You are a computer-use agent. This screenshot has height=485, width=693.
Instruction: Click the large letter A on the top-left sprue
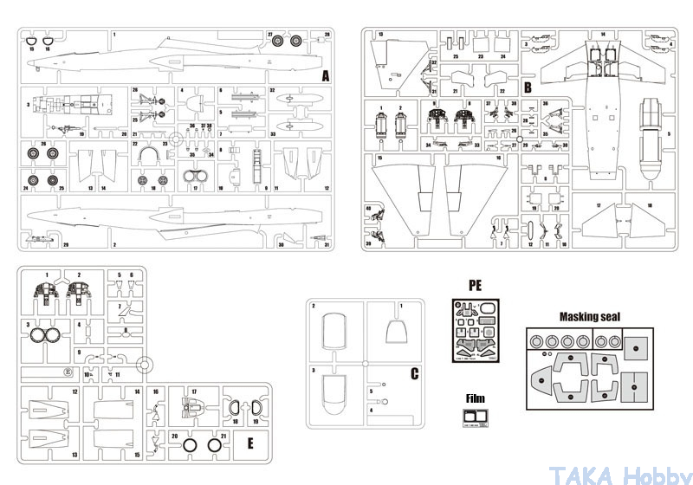click(x=325, y=76)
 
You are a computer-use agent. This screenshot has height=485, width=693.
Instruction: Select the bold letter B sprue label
click(x=527, y=87)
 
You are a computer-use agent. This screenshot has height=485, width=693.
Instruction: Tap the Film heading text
click(x=475, y=399)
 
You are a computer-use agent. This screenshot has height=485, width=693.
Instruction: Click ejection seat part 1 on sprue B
click(x=381, y=127)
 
